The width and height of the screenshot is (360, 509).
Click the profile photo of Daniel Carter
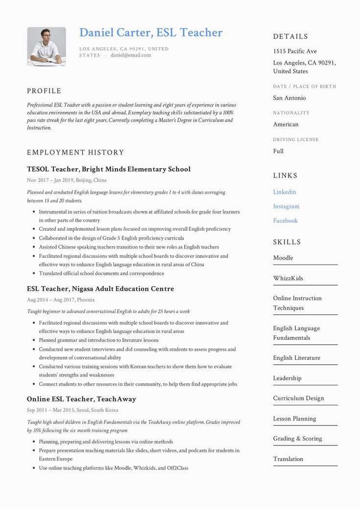(x=46, y=46)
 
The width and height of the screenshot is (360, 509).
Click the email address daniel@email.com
(x=131, y=55)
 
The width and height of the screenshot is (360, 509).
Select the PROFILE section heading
(x=44, y=91)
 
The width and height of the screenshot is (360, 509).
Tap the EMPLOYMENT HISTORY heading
(x=75, y=153)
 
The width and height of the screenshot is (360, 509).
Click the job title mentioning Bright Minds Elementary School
(x=109, y=169)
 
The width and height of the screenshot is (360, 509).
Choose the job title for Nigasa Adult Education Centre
(x=100, y=289)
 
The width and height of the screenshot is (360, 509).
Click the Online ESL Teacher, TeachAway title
(x=81, y=399)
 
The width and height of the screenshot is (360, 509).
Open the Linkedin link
(x=285, y=192)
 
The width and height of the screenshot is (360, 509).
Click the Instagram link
(x=286, y=206)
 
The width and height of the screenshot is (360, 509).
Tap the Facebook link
(x=285, y=221)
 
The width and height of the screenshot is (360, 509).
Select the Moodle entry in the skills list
(x=283, y=258)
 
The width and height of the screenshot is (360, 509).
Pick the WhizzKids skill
(x=288, y=278)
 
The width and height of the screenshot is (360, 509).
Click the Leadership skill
(x=287, y=378)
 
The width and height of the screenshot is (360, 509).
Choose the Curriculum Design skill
(x=298, y=398)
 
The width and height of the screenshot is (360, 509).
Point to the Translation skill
(x=288, y=459)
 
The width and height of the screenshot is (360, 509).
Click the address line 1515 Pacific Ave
(x=295, y=51)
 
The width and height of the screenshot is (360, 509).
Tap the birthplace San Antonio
(x=290, y=98)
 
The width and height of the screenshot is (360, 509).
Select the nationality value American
(x=286, y=125)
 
